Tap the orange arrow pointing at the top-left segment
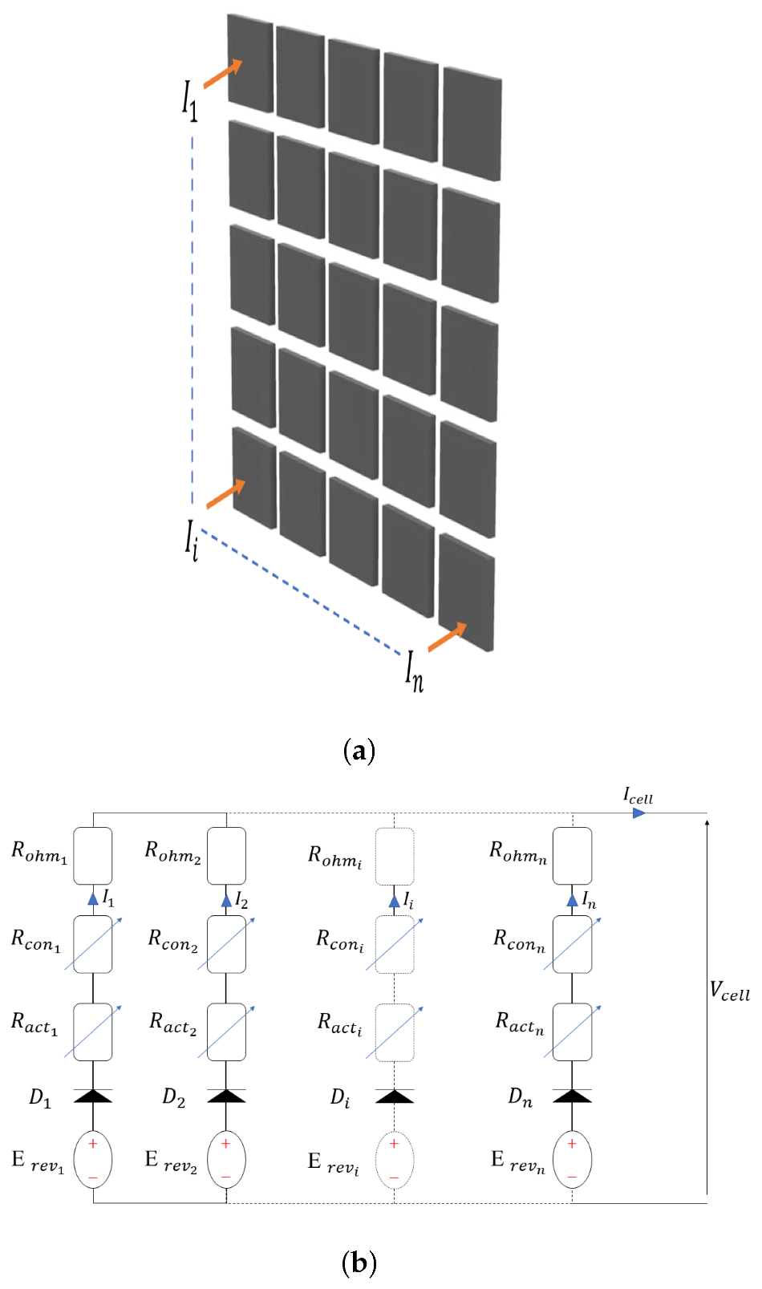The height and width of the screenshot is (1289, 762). click(222, 74)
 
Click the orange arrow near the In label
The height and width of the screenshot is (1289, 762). click(447, 637)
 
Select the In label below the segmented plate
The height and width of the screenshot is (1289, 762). click(414, 671)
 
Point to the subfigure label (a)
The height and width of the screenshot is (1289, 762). click(359, 751)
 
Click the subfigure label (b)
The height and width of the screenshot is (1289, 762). click(359, 1263)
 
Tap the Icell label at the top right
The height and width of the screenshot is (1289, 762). click(638, 797)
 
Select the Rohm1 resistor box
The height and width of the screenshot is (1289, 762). click(93, 857)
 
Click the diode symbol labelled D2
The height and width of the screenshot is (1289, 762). click(226, 1096)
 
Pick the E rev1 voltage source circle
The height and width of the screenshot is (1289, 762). click(93, 1160)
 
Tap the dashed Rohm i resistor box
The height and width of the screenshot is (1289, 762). click(395, 857)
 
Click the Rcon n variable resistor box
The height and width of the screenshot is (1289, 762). click(572, 944)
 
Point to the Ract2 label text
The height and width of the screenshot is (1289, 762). click(173, 1023)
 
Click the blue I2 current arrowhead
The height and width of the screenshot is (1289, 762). click(226, 900)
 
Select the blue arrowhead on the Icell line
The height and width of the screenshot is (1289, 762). click(638, 813)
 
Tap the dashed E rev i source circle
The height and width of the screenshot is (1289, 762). click(395, 1160)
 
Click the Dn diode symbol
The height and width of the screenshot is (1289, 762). click(572, 1096)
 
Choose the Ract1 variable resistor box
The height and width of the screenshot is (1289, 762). click(93, 1032)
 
